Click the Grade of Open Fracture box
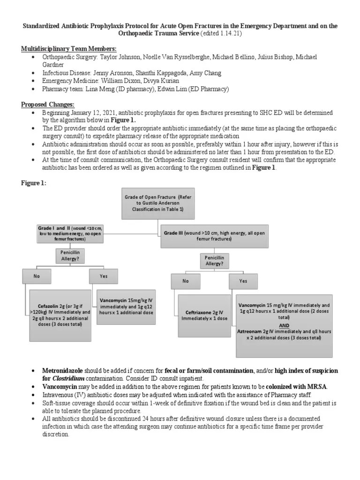click(157, 203)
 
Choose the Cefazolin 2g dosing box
click(60, 315)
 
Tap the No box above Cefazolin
click(37, 277)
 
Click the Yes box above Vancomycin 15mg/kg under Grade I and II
click(103, 277)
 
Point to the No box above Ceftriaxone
click(185, 281)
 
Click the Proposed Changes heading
click(48, 105)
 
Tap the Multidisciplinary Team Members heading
click(69, 49)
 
